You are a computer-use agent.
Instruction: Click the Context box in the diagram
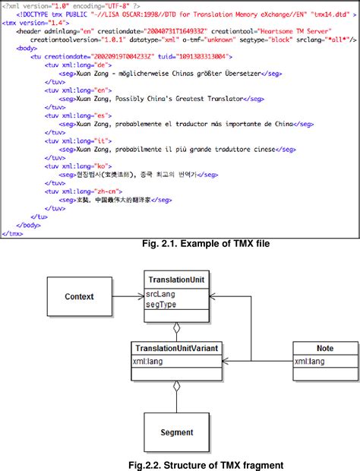pos(80,296)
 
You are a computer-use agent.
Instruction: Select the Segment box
pos(176,432)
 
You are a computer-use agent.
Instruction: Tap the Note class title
pos(324,348)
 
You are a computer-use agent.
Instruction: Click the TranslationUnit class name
pos(175,278)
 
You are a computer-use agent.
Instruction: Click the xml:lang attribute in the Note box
pos(313,361)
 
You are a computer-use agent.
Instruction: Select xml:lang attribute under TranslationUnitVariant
pos(150,361)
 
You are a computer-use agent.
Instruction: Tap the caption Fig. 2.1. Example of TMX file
pos(207,244)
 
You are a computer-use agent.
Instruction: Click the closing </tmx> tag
pos(13,233)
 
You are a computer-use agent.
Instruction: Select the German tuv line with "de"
pos(72,65)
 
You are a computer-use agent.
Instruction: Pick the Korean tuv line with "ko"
pos(72,164)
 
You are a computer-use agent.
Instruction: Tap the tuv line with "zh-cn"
pos(77,190)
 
